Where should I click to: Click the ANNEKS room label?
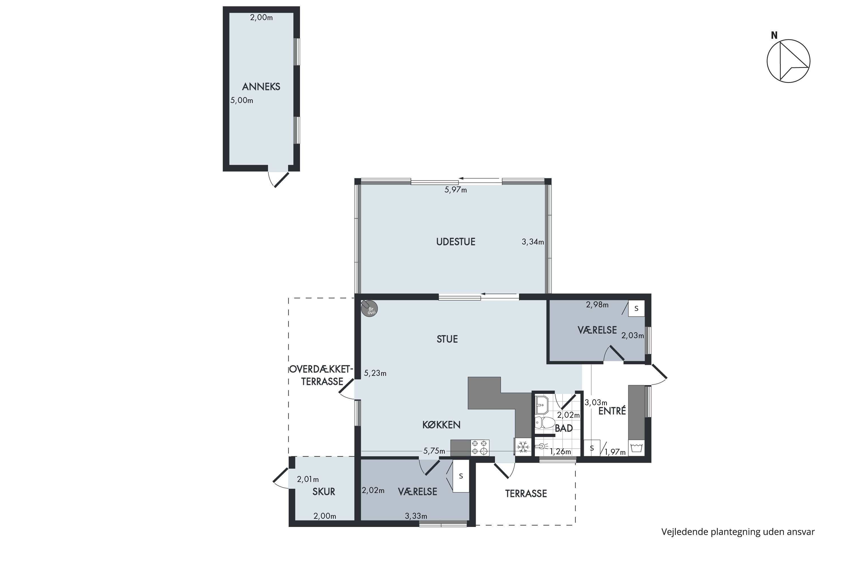pyautogui.click(x=261, y=87)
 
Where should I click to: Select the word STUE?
pyautogui.click(x=447, y=339)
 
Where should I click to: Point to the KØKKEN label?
pyautogui.click(x=441, y=425)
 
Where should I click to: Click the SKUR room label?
pyautogui.click(x=324, y=492)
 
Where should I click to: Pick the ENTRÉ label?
pyautogui.click(x=612, y=411)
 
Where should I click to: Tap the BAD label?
pyautogui.click(x=564, y=428)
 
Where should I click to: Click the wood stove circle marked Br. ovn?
pyautogui.click(x=370, y=309)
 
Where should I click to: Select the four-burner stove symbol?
pyautogui.click(x=480, y=448)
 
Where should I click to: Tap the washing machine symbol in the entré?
pyautogui.click(x=636, y=448)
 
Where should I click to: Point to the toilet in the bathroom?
pyautogui.click(x=544, y=422)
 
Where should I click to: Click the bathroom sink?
pyautogui.click(x=542, y=405)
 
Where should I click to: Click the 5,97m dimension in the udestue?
pyautogui.click(x=456, y=190)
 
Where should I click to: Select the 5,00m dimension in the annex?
pyautogui.click(x=242, y=100)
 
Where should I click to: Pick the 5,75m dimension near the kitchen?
pyautogui.click(x=434, y=451)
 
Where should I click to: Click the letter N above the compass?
pyautogui.click(x=774, y=35)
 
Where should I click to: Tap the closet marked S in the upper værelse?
pyautogui.click(x=636, y=309)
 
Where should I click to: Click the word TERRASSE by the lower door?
pyautogui.click(x=526, y=494)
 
